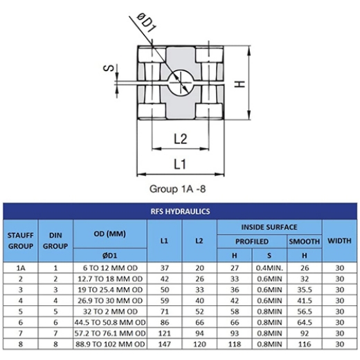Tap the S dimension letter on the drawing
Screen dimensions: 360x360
click(x=109, y=69)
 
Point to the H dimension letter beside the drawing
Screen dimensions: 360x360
click(x=238, y=84)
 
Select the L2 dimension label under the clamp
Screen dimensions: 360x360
click(x=180, y=138)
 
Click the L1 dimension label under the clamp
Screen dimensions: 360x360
click(x=180, y=164)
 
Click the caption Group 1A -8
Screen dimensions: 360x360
click(x=179, y=188)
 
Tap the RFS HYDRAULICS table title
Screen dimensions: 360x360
click(x=180, y=211)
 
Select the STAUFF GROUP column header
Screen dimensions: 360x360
click(x=21, y=240)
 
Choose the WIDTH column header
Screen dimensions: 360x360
click(x=339, y=240)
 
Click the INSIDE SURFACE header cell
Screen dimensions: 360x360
click(x=269, y=227)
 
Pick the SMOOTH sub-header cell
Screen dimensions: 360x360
click(x=304, y=242)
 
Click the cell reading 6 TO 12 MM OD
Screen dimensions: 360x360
click(x=111, y=267)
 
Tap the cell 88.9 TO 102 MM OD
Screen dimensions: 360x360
click(x=111, y=343)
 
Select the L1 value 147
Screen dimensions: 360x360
click(x=164, y=343)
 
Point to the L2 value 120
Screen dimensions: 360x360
click(x=199, y=343)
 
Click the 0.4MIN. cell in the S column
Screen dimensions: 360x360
click(x=269, y=267)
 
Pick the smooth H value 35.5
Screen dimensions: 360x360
click(x=304, y=289)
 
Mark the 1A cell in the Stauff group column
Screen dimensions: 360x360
click(x=21, y=267)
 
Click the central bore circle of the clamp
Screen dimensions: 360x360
click(x=179, y=83)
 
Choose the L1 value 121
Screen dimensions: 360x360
click(x=164, y=332)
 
